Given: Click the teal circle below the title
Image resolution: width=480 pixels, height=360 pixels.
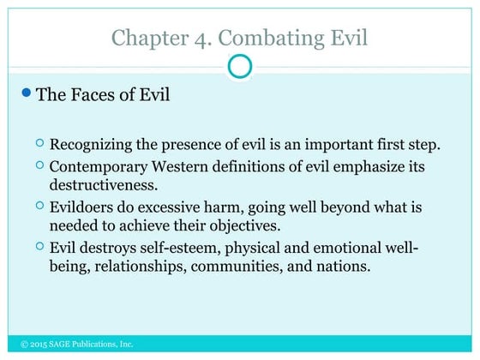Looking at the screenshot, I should [x=241, y=66].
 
